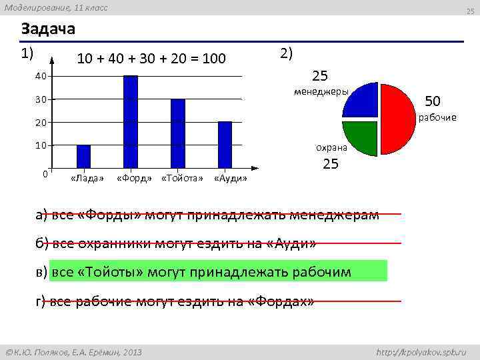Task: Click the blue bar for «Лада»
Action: pyautogui.click(x=83, y=156)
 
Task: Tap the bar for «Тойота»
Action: pyautogui.click(x=177, y=133)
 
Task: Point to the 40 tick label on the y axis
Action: pyautogui.click(x=41, y=77)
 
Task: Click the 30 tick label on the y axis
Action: pyautogui.click(x=41, y=100)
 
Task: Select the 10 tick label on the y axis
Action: pyautogui.click(x=41, y=145)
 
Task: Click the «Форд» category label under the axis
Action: pyautogui.click(x=133, y=179)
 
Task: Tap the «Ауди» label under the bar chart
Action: pyautogui.click(x=231, y=179)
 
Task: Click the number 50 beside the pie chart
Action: pyautogui.click(x=433, y=101)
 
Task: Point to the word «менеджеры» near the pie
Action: pyautogui.click(x=321, y=91)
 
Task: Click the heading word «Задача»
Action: pyautogui.click(x=48, y=30)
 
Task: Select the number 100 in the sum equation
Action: pyautogui.click(x=213, y=59)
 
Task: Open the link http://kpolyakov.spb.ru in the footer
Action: pyautogui.click(x=421, y=351)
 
